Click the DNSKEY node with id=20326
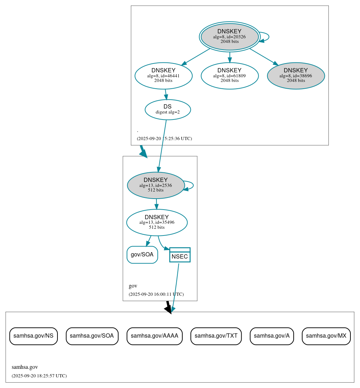tap(229, 37)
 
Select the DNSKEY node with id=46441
tap(164, 76)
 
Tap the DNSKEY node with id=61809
tap(229, 76)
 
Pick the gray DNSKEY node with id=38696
tap(296, 76)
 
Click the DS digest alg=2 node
tap(168, 110)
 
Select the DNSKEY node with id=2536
tap(156, 185)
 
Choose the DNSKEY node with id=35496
tap(157, 222)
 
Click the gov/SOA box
tap(142, 255)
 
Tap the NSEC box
tap(180, 255)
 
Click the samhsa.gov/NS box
tap(33, 336)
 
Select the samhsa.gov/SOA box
tap(92, 336)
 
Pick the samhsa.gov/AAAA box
tap(154, 336)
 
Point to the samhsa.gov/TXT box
tap(216, 336)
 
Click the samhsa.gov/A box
tap(272, 336)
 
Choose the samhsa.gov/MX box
tap(326, 336)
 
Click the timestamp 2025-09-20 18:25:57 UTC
tap(39, 376)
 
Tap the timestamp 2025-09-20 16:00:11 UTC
tap(156, 294)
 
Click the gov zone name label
tap(133, 286)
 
